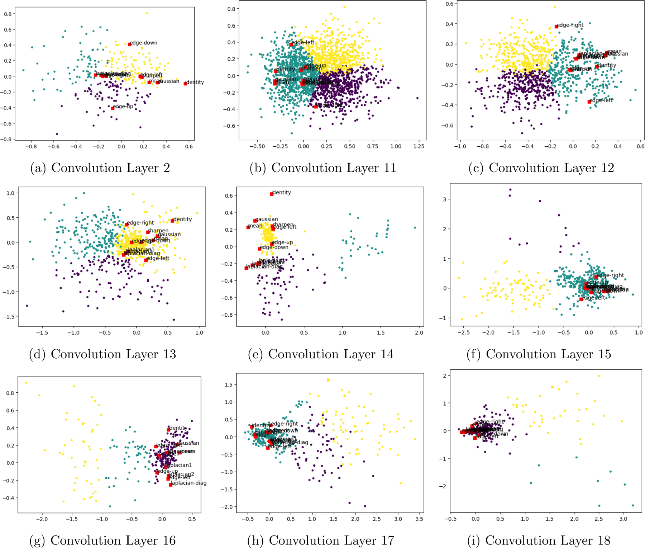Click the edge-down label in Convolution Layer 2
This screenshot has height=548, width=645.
[x=144, y=43]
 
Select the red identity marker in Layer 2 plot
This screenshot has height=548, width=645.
[x=185, y=84]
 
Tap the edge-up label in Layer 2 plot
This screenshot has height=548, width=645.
[x=123, y=107]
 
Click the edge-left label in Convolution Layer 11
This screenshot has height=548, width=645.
[x=303, y=43]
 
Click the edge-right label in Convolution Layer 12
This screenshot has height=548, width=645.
[x=570, y=25]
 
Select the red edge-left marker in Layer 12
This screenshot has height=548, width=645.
[x=589, y=102]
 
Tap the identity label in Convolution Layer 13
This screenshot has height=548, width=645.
[x=182, y=219]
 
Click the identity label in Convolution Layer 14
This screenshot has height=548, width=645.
[x=281, y=193]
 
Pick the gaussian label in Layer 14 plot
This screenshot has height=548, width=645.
[x=267, y=219]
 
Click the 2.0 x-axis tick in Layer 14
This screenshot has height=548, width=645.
[x=419, y=333]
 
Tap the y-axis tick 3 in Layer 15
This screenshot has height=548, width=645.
[x=444, y=199]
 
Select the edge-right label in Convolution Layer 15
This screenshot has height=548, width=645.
[x=611, y=275]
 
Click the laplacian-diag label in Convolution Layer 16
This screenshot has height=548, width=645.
[x=188, y=483]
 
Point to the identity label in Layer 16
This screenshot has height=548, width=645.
[x=178, y=428]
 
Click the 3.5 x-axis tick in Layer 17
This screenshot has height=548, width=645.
[x=419, y=519]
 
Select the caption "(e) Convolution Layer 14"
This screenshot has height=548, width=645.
[x=321, y=354]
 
